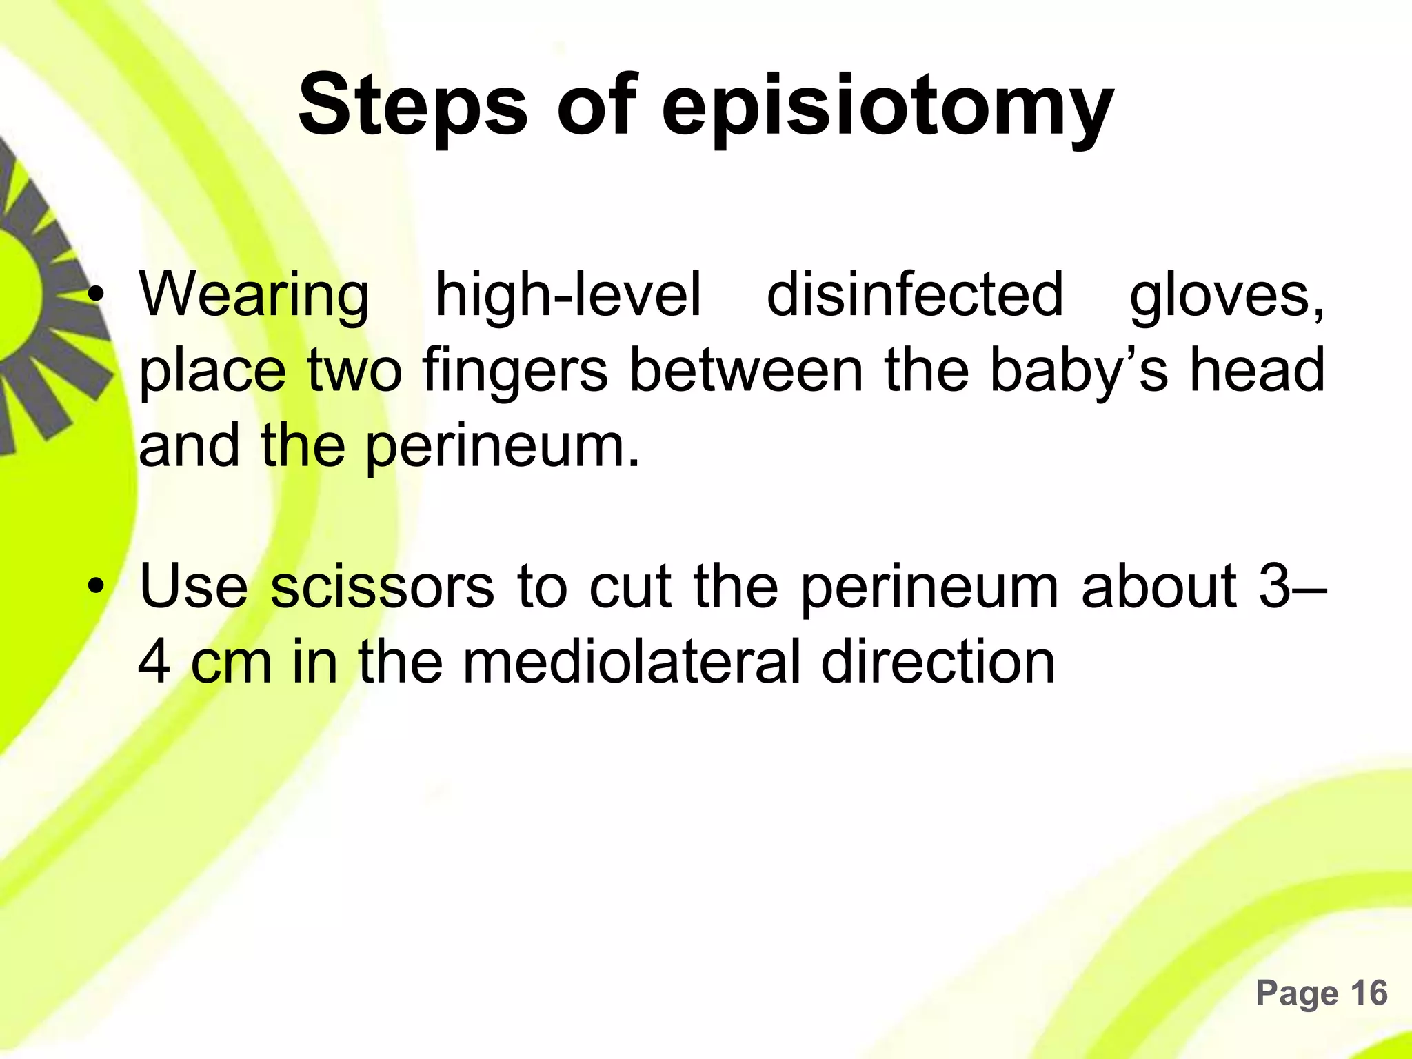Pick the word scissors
(382, 587)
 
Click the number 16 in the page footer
(1368, 993)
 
